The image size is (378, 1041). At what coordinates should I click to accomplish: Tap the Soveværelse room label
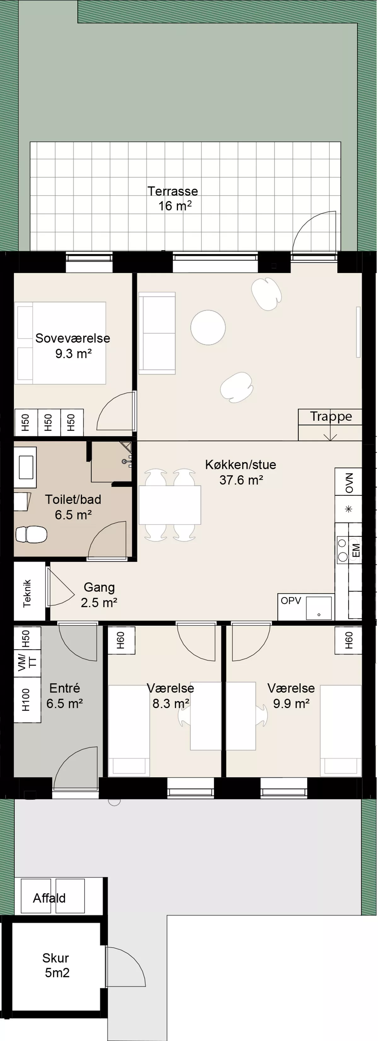pyautogui.click(x=73, y=345)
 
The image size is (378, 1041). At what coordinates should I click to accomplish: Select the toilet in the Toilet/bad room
pyautogui.click(x=31, y=534)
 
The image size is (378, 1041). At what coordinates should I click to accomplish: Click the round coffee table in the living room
pyautogui.click(x=208, y=327)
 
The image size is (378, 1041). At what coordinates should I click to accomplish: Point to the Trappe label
pyautogui.click(x=331, y=416)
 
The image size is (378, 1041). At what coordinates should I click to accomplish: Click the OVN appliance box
pyautogui.click(x=348, y=482)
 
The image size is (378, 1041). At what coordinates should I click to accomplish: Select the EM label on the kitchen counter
pyautogui.click(x=356, y=550)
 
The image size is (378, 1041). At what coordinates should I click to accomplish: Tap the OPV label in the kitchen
pyautogui.click(x=291, y=601)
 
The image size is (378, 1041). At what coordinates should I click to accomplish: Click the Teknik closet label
pyautogui.click(x=27, y=593)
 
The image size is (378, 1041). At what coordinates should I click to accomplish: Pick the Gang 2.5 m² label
pyautogui.click(x=99, y=595)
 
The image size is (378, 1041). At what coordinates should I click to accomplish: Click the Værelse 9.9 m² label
pyautogui.click(x=291, y=696)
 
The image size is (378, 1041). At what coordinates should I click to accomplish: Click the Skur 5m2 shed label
pyautogui.click(x=56, y=965)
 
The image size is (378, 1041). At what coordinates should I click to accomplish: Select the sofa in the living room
pyautogui.click(x=157, y=333)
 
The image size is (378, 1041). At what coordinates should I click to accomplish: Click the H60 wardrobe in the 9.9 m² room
pyautogui.click(x=348, y=640)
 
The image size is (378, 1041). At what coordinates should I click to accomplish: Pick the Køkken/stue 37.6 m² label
pyautogui.click(x=241, y=472)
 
